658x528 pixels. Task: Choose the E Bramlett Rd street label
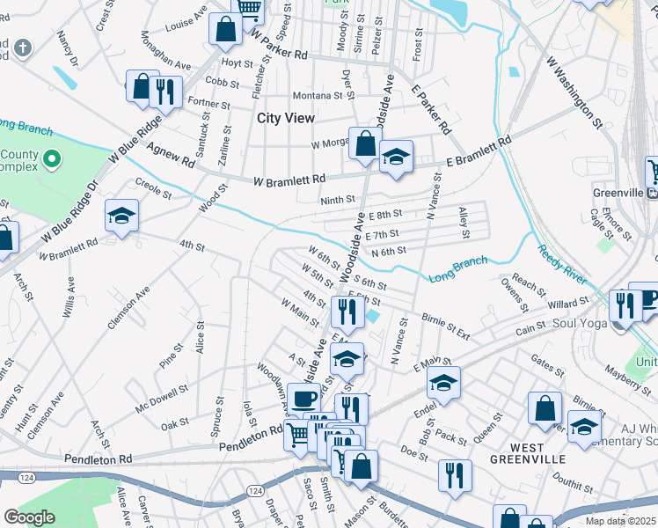[479, 152]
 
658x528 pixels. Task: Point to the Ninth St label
[337, 201]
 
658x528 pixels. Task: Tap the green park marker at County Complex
[52, 159]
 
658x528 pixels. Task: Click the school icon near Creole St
[121, 215]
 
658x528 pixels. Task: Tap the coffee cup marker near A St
[304, 397]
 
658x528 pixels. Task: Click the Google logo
[30, 517]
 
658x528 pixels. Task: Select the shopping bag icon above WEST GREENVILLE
[545, 407]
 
